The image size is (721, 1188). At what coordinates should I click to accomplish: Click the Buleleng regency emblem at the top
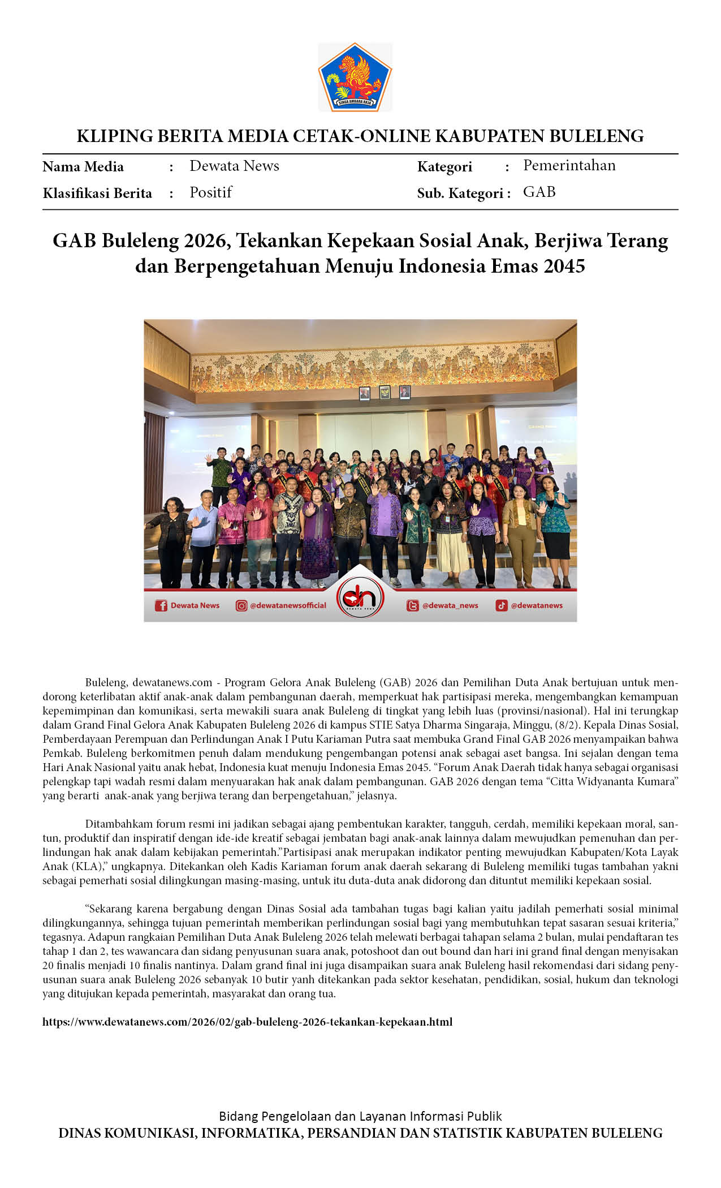coord(355,77)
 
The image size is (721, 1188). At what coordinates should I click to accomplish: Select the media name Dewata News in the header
coord(234,166)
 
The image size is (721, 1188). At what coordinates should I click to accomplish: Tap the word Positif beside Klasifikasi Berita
coord(210,192)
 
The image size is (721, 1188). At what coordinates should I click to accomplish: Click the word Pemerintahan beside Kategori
coord(569,165)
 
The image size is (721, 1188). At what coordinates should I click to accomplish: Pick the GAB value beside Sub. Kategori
coord(539,192)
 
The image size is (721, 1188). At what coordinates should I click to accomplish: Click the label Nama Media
coord(83,167)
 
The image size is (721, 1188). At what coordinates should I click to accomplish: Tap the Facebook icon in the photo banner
coord(161,606)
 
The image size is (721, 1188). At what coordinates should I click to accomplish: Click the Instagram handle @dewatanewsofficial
coord(288,605)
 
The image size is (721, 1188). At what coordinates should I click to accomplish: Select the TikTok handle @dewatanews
coord(536,605)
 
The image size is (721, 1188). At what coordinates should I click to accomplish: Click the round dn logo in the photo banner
coord(360,597)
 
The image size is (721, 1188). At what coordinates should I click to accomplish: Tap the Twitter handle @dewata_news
coord(450,605)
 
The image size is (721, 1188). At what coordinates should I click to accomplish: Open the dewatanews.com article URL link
coord(247,1022)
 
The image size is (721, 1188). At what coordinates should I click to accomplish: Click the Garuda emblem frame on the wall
coord(385,392)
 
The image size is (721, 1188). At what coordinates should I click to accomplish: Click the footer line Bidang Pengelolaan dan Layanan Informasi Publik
coord(360,1116)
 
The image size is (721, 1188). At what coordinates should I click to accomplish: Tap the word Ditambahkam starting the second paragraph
coord(119,824)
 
